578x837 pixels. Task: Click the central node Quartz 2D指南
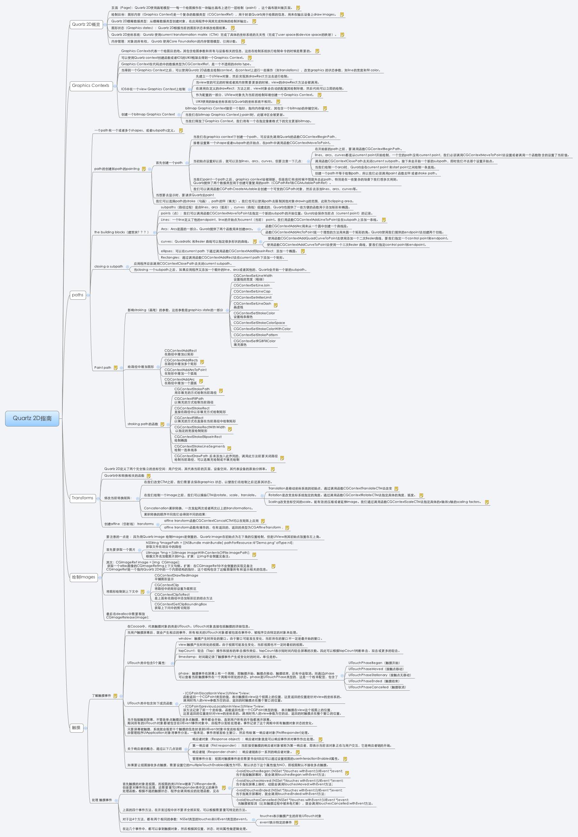click(x=32, y=418)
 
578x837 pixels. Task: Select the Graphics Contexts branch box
click(x=91, y=85)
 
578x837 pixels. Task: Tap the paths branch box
click(x=77, y=295)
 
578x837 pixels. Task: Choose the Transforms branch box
click(x=83, y=498)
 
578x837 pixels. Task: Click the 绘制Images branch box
click(x=83, y=577)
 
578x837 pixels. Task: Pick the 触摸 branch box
click(x=76, y=727)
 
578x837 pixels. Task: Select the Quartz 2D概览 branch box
click(x=86, y=24)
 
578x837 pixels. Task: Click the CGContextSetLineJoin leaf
click(x=251, y=285)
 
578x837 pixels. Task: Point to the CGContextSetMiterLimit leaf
click(x=252, y=297)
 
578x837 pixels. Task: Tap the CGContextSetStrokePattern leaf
click(x=255, y=335)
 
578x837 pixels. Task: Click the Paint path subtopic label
click(x=102, y=367)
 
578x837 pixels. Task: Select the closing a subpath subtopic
click(x=108, y=266)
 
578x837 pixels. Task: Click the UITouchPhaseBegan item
click(x=374, y=663)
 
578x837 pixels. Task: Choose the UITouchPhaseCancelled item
click(x=377, y=687)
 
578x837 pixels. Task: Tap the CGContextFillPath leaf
click(x=189, y=399)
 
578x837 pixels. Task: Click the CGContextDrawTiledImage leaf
click(x=176, y=575)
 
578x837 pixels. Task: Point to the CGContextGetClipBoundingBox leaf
click(x=181, y=604)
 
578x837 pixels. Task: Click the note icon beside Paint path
click(x=116, y=368)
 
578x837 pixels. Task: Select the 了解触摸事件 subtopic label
click(x=101, y=696)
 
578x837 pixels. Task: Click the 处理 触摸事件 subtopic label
click(x=102, y=800)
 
